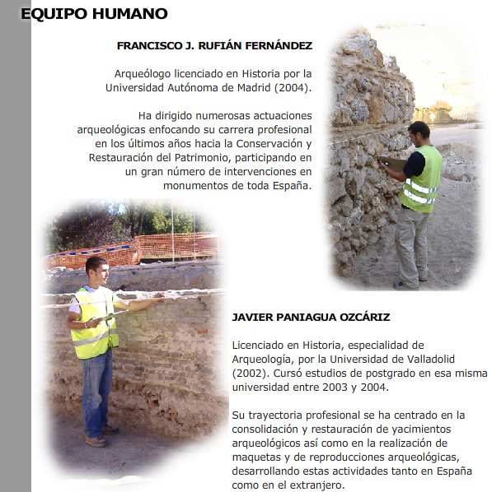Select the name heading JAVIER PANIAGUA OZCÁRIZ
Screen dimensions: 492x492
pos(311,317)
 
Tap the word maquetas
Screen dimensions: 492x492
pos(258,457)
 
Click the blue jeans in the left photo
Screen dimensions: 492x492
pos(97,391)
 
